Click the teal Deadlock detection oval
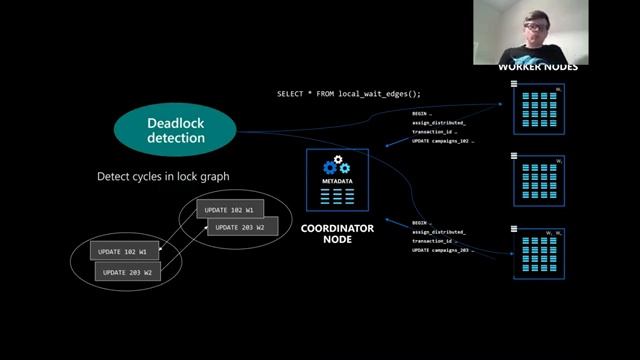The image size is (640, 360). click(175, 130)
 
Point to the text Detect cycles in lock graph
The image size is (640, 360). click(163, 177)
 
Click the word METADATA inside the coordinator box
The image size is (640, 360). click(337, 181)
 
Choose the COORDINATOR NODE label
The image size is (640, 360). click(337, 233)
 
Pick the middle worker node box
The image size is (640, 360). click(539, 180)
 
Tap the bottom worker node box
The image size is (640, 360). click(539, 253)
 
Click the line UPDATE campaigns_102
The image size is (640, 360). click(442, 141)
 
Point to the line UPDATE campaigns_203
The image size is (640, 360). click(442, 250)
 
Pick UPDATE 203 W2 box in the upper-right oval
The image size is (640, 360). click(240, 227)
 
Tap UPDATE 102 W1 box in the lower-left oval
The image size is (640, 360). click(123, 251)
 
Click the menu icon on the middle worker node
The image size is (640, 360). click(514, 156)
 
